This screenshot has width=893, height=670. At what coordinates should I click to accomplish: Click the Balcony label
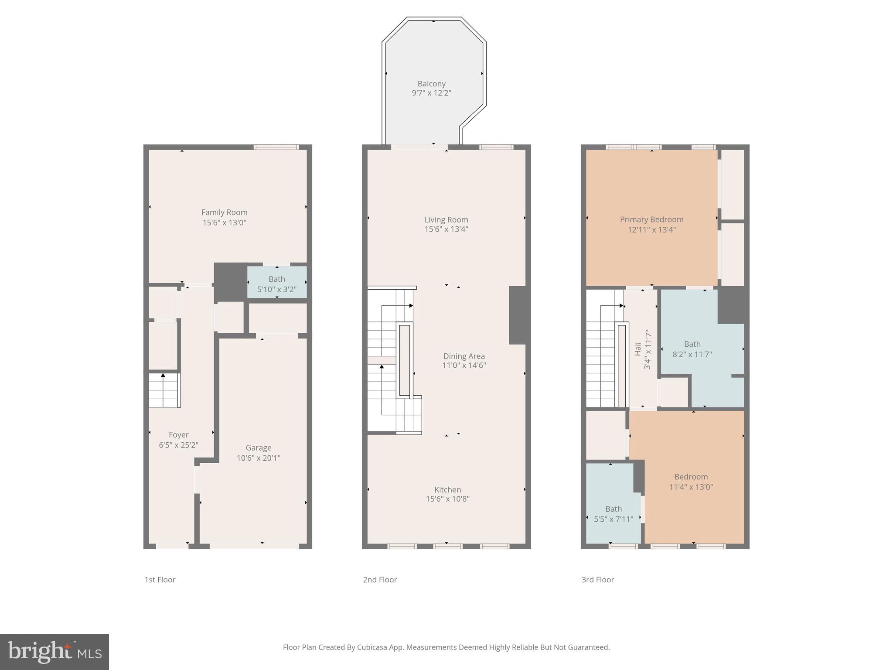pos(431,84)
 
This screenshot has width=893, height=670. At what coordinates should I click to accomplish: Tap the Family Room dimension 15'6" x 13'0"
pos(224,222)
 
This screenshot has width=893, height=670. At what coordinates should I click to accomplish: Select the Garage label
pos(258,448)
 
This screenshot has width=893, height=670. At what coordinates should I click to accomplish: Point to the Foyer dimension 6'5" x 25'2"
pos(178,445)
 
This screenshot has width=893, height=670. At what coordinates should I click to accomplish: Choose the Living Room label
pos(446,219)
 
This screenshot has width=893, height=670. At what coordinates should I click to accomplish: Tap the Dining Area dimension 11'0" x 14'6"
pos(464,366)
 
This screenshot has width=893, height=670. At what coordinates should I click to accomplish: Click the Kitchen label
pos(447,489)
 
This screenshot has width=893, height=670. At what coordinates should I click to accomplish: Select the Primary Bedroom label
pos(651,219)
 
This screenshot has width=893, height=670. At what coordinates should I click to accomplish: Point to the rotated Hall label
pos(638,349)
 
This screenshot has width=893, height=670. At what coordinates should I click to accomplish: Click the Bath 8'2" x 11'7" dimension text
pos(692,354)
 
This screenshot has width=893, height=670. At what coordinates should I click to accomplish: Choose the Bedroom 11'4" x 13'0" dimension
pos(691,487)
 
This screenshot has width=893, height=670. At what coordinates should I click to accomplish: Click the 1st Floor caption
pos(160,580)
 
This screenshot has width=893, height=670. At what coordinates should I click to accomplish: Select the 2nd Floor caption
pos(380,580)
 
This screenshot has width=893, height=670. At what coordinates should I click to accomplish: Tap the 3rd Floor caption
pos(597,580)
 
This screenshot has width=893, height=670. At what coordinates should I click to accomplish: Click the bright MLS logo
pos(55,652)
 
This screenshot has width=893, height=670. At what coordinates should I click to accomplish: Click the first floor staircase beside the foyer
pos(164,390)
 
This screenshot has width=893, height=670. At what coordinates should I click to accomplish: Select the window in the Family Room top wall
pos(276,147)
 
